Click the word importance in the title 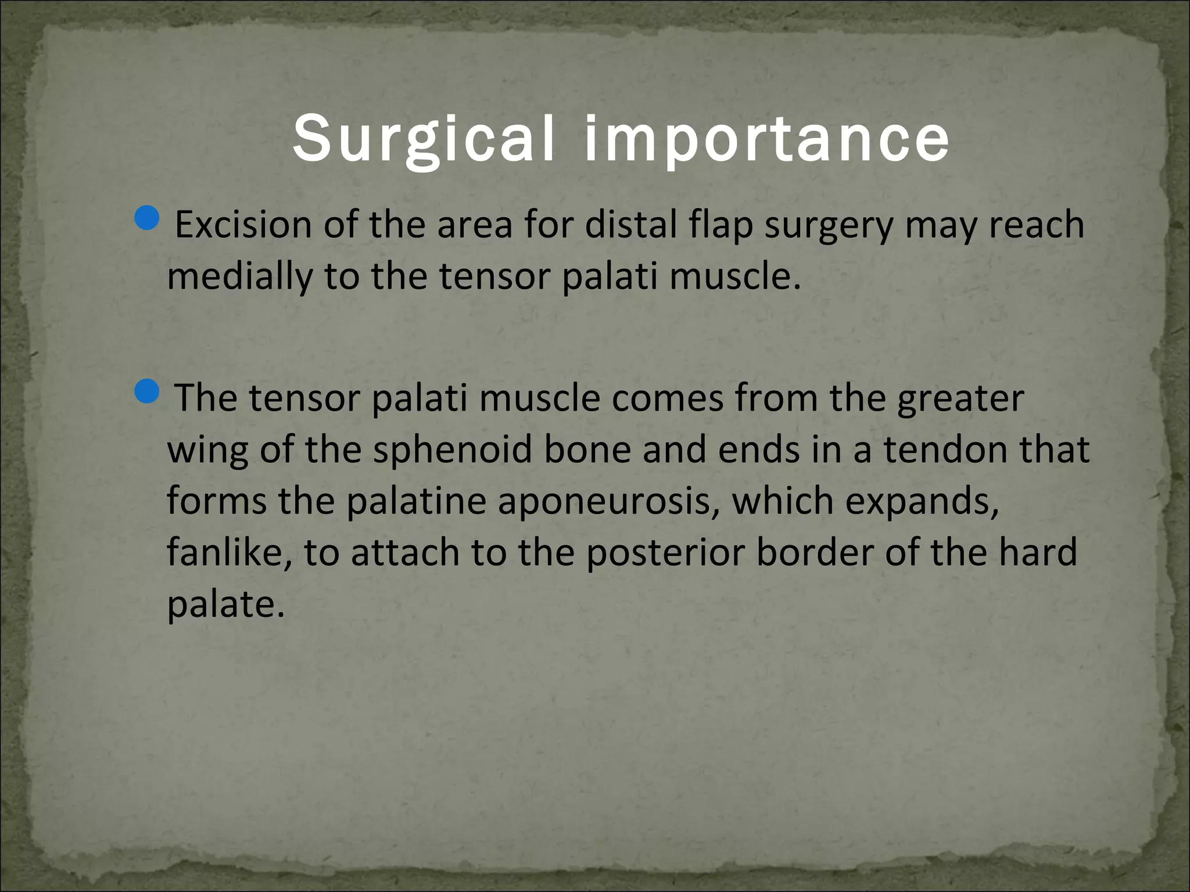(x=766, y=140)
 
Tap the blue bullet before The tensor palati (x=146, y=393)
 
